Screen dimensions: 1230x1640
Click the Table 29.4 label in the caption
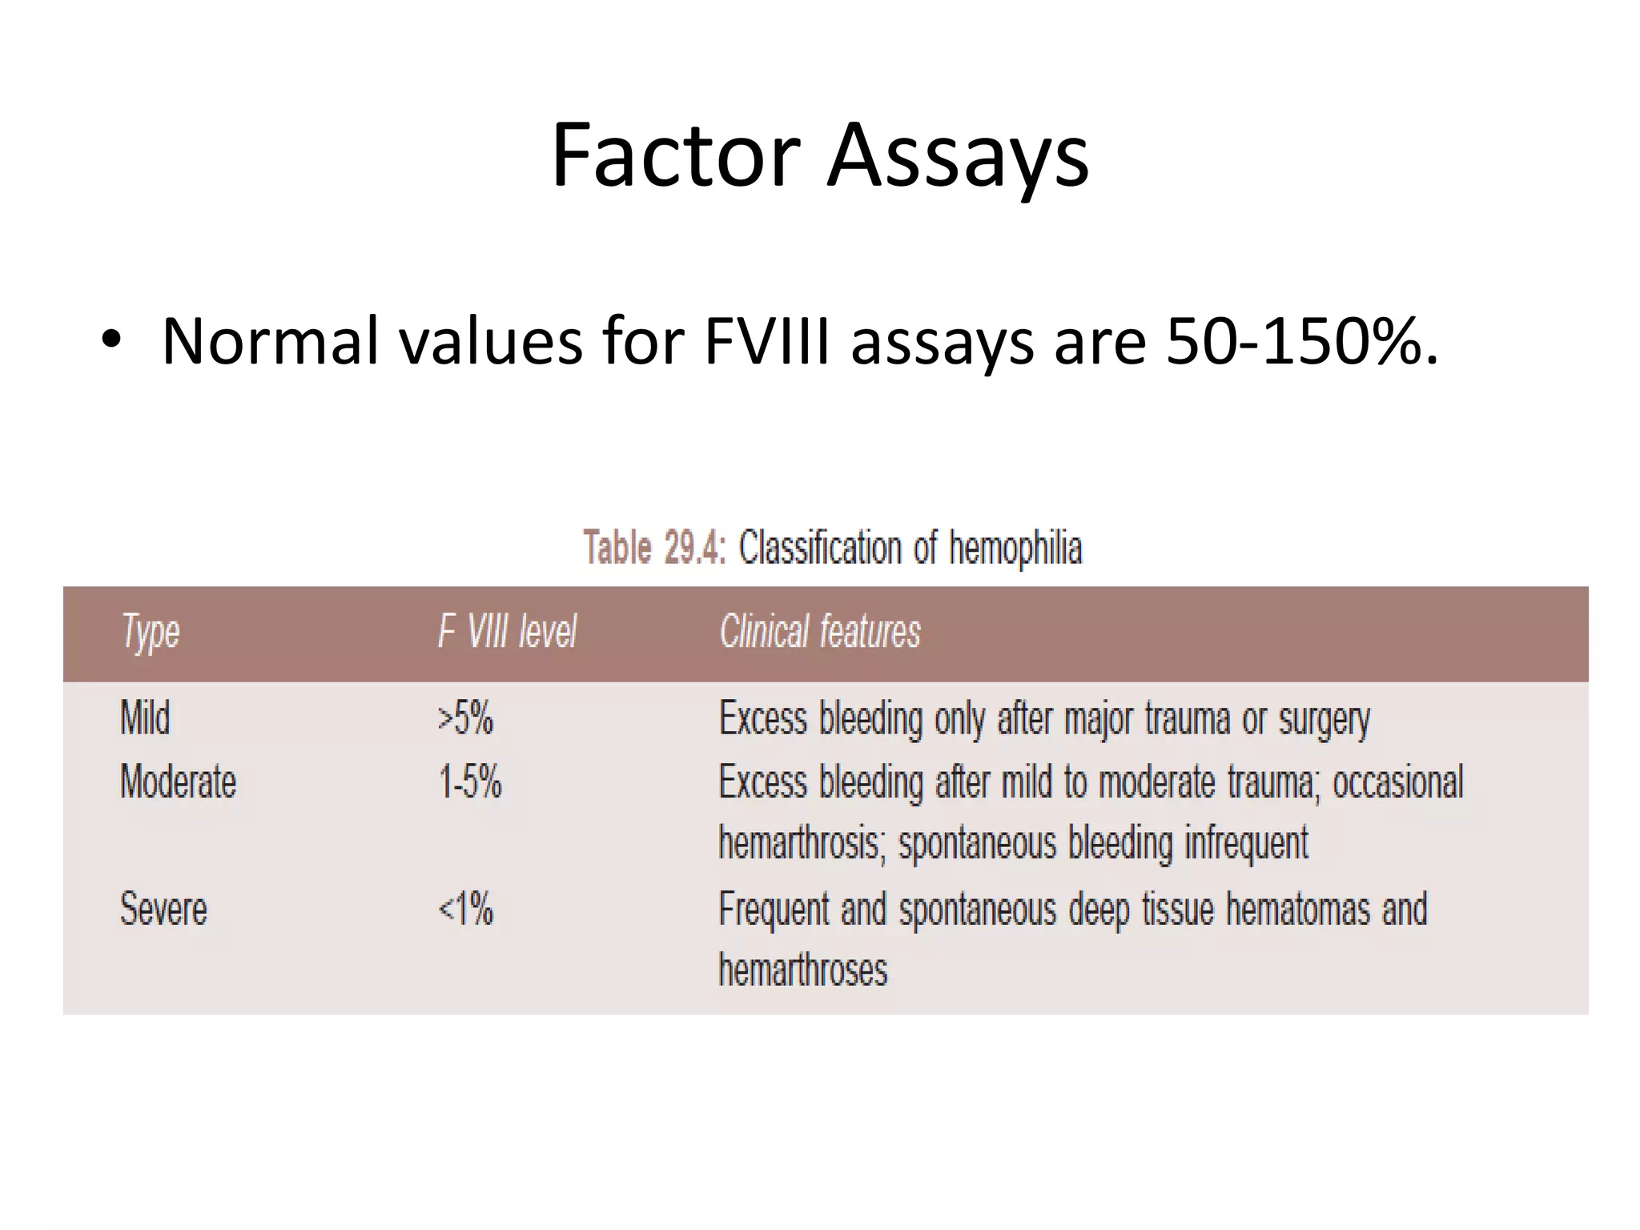654,549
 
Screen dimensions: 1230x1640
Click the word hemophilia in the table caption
1015,549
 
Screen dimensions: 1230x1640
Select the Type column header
151,632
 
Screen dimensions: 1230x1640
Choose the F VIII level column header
507,632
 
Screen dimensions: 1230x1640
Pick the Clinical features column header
820,632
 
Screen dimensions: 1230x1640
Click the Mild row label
145,717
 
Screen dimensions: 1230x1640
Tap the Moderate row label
178,781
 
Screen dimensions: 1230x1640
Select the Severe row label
163,909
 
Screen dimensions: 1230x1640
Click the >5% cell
465,717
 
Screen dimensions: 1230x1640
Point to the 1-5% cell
469,781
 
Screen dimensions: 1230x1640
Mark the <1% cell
465,909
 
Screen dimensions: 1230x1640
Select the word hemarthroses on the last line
803,970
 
